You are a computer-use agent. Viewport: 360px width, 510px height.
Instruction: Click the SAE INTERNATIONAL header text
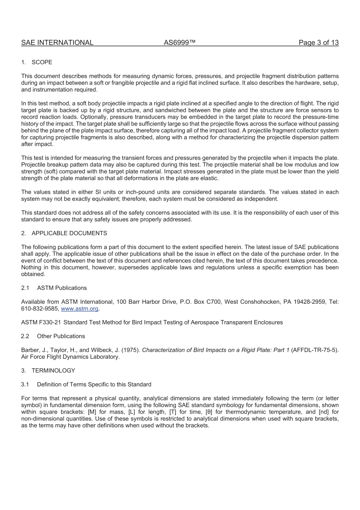(x=57, y=42)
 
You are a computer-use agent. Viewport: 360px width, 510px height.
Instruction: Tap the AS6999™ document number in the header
(x=180, y=42)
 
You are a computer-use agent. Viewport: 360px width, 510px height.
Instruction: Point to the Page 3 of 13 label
(x=318, y=42)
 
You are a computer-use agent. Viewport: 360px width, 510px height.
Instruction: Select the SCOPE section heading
(x=42, y=62)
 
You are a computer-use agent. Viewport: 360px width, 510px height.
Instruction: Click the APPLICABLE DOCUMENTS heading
(x=69, y=233)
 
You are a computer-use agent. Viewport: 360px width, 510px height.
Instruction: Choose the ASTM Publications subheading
(x=62, y=288)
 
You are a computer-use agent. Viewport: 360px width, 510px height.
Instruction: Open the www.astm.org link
(x=80, y=309)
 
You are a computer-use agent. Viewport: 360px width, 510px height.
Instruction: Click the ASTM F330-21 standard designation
(x=41, y=322)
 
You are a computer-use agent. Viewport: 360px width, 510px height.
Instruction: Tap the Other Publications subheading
(x=61, y=336)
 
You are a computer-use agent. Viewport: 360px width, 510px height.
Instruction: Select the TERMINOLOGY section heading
(x=53, y=370)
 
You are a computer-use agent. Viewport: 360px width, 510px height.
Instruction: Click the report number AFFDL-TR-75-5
(x=314, y=350)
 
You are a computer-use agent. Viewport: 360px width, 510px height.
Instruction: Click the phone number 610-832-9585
(x=39, y=309)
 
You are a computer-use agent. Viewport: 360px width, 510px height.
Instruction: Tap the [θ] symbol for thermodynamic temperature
(x=208, y=412)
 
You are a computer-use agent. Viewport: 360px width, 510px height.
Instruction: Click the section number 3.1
(x=25, y=384)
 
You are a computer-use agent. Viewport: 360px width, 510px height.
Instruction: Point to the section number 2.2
(x=25, y=336)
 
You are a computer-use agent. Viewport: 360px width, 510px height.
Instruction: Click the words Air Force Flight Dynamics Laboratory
(x=70, y=357)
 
